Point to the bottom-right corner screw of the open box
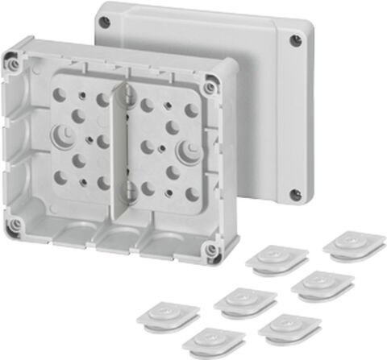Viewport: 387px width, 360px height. (211, 250)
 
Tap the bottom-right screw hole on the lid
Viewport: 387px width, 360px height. (296, 193)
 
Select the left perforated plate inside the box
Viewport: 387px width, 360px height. (81, 137)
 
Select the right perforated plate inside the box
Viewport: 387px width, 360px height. (165, 149)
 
